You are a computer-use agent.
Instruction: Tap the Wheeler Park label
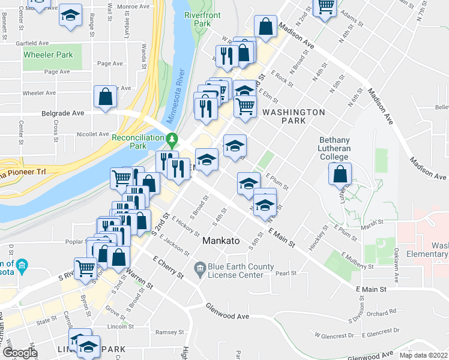(48, 55)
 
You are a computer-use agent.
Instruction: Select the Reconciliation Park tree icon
(173, 139)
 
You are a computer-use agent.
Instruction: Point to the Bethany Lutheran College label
(334, 148)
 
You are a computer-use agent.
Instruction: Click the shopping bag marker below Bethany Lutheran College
(340, 174)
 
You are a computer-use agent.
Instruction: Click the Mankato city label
(221, 241)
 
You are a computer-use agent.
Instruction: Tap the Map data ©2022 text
(423, 355)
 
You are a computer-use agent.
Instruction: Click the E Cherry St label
(168, 267)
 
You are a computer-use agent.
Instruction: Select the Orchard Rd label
(383, 311)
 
